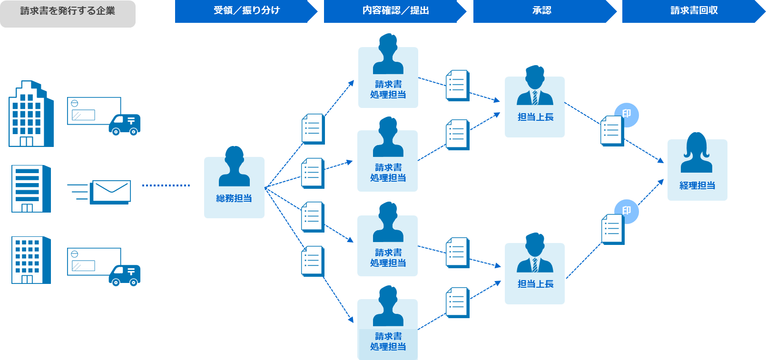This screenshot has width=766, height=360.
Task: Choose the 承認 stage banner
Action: click(542, 11)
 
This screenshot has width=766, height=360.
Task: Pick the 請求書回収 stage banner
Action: click(692, 11)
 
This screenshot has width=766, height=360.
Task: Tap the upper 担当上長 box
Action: click(535, 107)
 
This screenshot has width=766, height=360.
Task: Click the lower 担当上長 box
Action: click(535, 273)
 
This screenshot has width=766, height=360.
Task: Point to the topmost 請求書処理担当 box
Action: click(388, 77)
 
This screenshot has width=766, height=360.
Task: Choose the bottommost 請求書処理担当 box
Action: click(388, 329)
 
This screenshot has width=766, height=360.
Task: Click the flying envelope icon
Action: click(111, 192)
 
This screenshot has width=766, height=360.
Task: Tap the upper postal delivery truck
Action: click(125, 125)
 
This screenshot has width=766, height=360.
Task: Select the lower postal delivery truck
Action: click(125, 275)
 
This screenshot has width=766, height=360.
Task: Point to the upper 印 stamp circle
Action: click(627, 115)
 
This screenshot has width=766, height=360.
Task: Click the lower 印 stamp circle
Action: click(627, 211)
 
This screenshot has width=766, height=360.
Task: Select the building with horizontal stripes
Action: click(31, 189)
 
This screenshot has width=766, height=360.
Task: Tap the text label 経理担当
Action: click(697, 186)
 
